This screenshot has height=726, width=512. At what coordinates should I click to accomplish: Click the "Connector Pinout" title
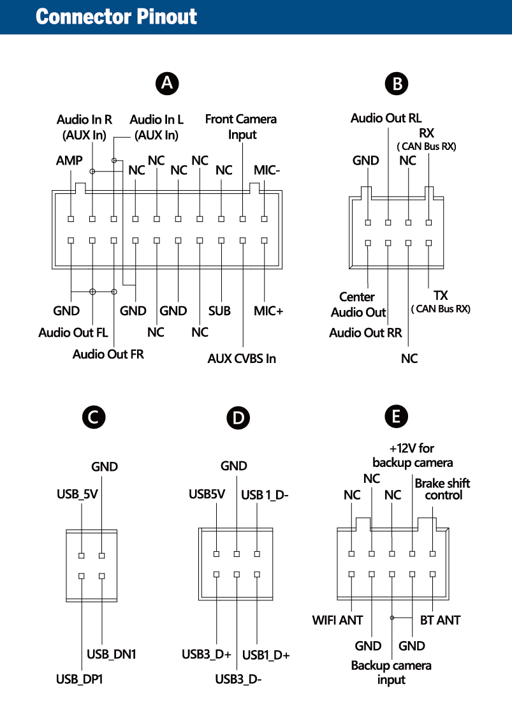[116, 17]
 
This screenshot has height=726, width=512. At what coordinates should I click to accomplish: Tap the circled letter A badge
[167, 83]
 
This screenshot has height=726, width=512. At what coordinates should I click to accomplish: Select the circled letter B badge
[397, 84]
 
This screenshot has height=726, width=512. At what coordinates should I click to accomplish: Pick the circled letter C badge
[93, 418]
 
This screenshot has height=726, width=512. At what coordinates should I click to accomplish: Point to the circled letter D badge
[238, 419]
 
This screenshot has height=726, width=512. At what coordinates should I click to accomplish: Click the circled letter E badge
[397, 417]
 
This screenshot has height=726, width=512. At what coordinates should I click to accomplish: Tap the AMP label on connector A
[69, 161]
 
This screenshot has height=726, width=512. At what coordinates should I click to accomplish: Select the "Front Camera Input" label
[241, 126]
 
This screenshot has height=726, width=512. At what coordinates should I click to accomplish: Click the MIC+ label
[268, 311]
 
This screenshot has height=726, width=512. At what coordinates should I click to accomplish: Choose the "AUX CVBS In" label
[242, 359]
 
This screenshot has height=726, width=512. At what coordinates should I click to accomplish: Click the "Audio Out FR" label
[108, 354]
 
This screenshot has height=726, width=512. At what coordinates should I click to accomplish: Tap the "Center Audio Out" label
[358, 304]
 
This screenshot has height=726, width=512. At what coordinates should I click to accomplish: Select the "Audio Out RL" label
[386, 118]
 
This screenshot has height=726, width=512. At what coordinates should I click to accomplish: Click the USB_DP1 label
[79, 679]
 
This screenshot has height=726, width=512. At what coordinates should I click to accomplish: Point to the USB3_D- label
[238, 679]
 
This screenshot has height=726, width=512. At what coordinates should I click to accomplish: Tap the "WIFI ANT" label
[337, 620]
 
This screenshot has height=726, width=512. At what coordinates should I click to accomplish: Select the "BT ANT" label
[440, 620]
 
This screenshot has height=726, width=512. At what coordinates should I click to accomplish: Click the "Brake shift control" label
[443, 489]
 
